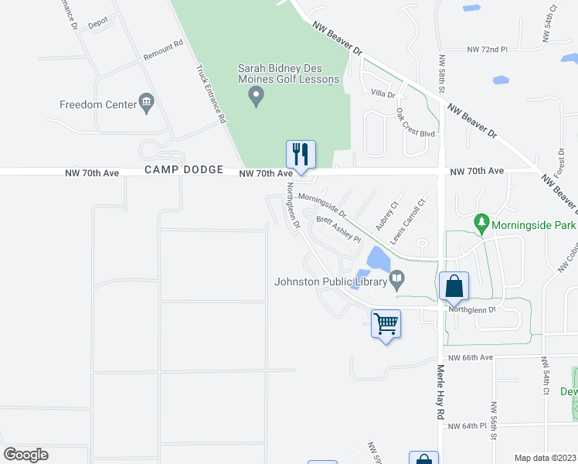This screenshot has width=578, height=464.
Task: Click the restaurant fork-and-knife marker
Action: [300, 153]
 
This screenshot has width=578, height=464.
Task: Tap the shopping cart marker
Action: [385, 322]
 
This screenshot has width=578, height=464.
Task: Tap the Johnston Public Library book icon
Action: [397, 278]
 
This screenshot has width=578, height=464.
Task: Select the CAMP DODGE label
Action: [183, 169]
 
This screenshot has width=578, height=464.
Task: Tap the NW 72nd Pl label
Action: [487, 49]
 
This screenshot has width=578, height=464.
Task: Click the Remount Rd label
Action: [162, 50]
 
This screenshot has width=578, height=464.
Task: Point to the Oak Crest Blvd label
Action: [416, 123]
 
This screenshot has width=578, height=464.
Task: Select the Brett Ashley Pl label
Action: [338, 229]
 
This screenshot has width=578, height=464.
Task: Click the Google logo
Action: [25, 455]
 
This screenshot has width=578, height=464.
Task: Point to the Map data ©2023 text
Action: [546, 458]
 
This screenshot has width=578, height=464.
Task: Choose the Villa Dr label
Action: [382, 94]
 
